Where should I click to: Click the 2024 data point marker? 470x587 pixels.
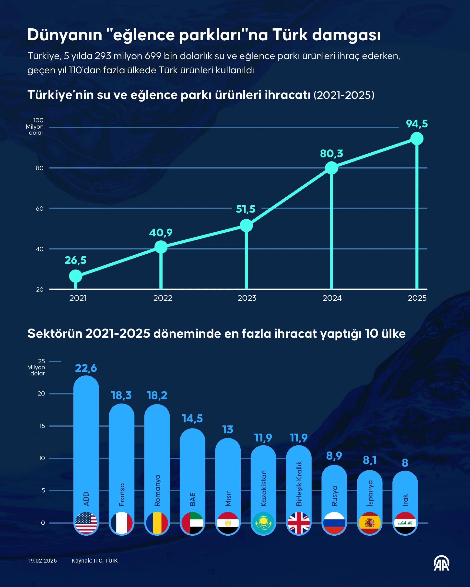click(331, 168)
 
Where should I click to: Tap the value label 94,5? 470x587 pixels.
click(417, 124)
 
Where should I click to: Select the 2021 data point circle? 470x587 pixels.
click(75, 276)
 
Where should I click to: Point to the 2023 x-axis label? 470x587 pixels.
click(247, 298)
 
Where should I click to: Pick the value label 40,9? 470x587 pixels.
click(161, 233)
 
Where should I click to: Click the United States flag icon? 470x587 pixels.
click(86, 523)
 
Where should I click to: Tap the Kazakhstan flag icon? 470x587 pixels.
click(263, 523)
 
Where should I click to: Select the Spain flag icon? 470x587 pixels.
click(369, 523)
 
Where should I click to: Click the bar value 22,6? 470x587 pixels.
click(86, 368)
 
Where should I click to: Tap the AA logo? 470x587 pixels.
click(441, 563)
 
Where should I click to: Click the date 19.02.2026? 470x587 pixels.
click(42, 561)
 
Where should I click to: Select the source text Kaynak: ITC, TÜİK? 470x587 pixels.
click(94, 561)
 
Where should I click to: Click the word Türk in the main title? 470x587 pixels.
click(290, 35)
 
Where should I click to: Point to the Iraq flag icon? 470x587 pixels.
click(405, 523)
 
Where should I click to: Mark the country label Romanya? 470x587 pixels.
click(157, 490)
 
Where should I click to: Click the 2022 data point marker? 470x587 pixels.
click(161, 247)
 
